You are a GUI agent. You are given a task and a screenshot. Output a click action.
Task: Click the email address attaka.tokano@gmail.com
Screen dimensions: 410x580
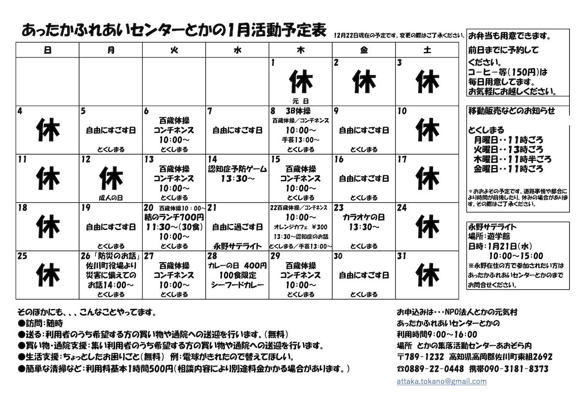[x=441, y=382]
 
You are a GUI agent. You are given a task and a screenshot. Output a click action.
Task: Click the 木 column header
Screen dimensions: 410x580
[x=301, y=50]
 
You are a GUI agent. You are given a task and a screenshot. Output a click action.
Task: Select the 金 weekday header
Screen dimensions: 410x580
[x=363, y=50]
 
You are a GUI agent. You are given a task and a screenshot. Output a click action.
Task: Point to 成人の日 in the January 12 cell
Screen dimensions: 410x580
[x=111, y=198]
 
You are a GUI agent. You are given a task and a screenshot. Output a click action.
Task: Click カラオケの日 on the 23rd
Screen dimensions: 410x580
[x=363, y=217]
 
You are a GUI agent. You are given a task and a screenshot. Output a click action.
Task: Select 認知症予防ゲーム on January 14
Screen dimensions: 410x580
[x=237, y=169]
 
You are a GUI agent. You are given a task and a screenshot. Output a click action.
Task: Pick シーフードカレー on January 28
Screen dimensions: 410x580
[x=237, y=285]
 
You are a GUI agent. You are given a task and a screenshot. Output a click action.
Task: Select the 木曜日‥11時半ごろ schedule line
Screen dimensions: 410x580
[x=512, y=159]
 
